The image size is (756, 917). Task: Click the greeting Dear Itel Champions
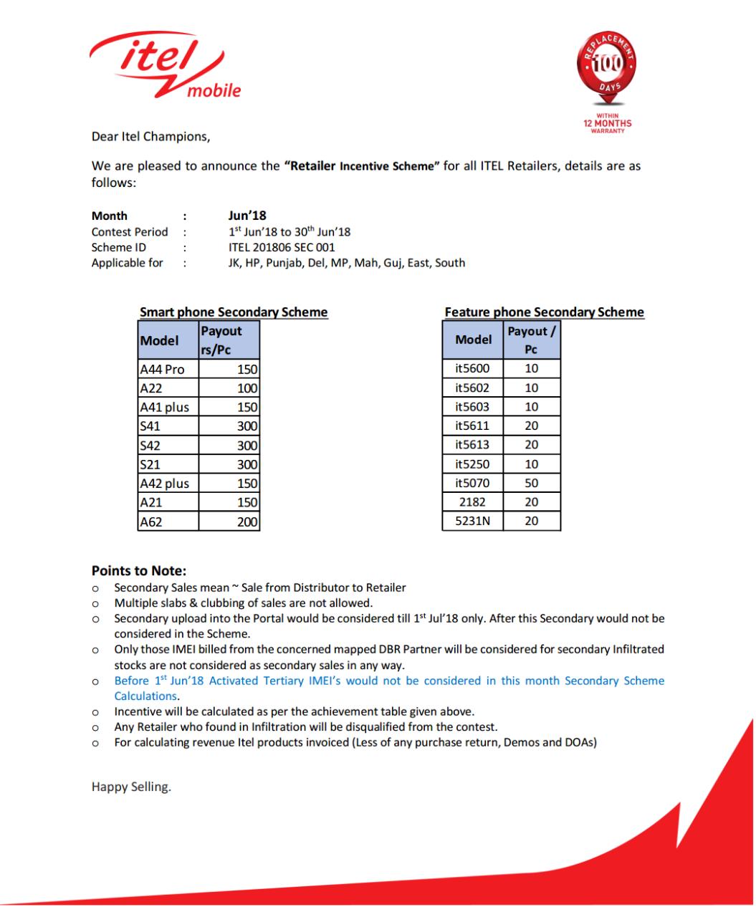[x=150, y=136]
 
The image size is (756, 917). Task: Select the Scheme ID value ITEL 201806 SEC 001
[x=281, y=247]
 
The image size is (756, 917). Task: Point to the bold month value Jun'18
[x=247, y=216]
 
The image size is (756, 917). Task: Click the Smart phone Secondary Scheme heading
[x=234, y=312]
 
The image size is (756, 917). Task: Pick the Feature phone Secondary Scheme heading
[x=544, y=312]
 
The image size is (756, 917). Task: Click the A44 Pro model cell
[x=168, y=370]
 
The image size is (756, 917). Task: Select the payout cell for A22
[x=229, y=388]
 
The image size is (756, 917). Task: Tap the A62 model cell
[x=168, y=522]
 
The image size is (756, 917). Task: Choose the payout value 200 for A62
[x=229, y=522]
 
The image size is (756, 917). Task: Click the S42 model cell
[x=168, y=445]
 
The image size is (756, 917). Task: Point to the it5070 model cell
[x=473, y=484]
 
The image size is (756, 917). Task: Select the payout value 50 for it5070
[x=531, y=484]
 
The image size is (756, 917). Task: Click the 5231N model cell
[x=473, y=522]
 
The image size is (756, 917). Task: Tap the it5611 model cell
[x=473, y=426]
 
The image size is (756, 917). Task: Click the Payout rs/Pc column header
[x=229, y=340]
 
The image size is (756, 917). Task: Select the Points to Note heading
[x=139, y=571]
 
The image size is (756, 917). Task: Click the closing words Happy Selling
[x=131, y=787]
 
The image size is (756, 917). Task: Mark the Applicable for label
[x=128, y=263]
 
